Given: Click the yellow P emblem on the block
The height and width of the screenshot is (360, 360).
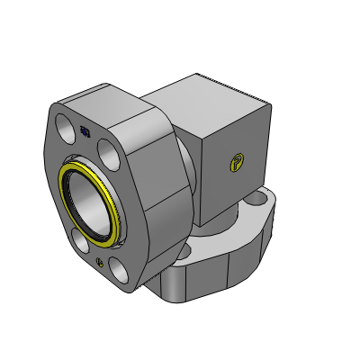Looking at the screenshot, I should (x=237, y=163).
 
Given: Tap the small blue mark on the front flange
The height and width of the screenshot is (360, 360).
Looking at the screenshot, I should (x=85, y=131).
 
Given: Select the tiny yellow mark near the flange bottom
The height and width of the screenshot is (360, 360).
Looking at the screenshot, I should (x=98, y=262).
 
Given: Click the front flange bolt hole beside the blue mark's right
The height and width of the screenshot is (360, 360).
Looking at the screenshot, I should (x=107, y=145).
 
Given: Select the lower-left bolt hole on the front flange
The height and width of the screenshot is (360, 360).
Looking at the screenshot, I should (x=80, y=244).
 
